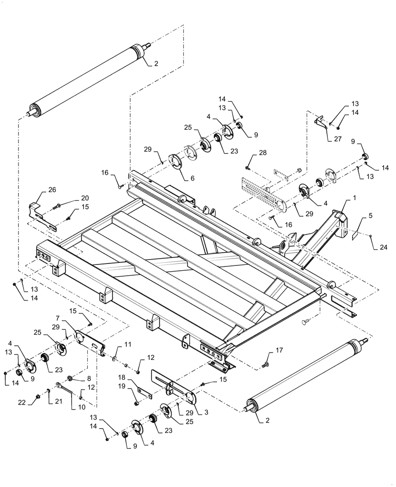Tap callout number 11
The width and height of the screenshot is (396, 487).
(128, 344)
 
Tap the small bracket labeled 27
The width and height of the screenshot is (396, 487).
(320, 121)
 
